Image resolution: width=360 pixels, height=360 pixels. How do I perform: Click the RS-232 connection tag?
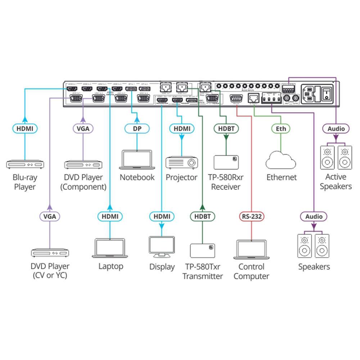click(251, 216)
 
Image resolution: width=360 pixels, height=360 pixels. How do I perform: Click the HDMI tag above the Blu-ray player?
click(25, 129)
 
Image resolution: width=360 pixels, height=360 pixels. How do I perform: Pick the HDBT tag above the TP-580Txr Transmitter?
click(202, 216)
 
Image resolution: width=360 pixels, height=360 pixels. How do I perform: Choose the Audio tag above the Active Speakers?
click(336, 129)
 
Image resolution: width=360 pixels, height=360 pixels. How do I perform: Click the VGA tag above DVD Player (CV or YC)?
click(50, 216)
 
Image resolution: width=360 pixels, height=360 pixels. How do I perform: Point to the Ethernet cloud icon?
click(281, 161)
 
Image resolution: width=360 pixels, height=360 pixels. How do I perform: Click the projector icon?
click(181, 162)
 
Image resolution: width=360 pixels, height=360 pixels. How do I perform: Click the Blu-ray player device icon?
click(25, 165)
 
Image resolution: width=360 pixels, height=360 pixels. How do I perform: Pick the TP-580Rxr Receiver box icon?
click(226, 162)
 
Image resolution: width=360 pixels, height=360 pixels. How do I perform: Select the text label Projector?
click(181, 177)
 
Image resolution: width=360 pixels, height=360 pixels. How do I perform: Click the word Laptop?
click(111, 266)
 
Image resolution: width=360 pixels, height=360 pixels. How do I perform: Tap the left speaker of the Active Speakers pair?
click(327, 157)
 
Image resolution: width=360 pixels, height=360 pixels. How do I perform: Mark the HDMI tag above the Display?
click(162, 216)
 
